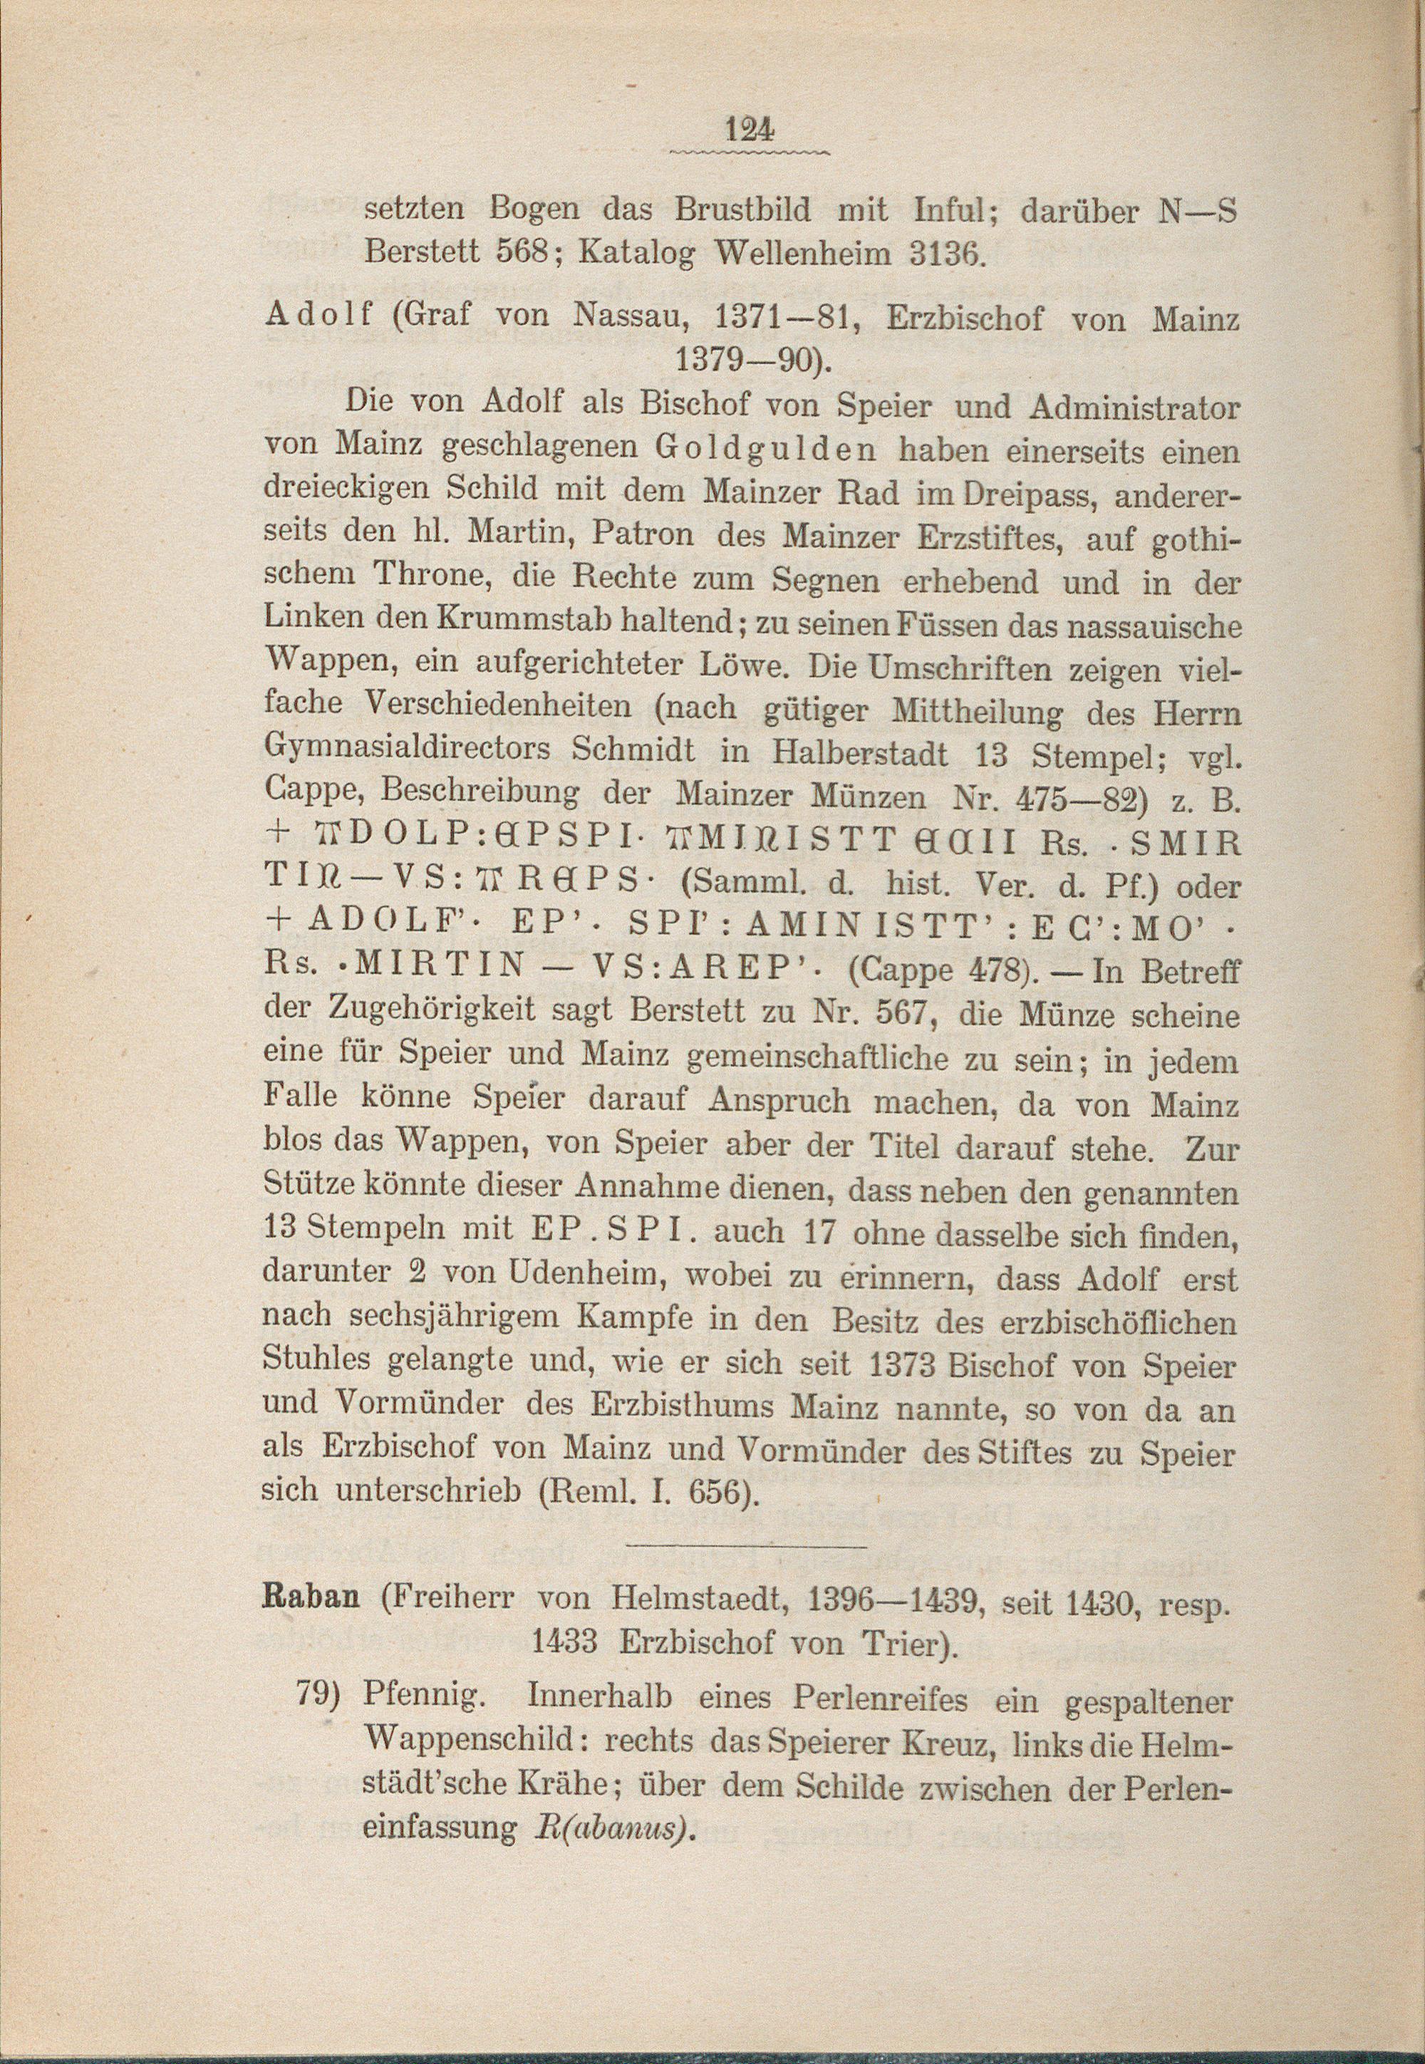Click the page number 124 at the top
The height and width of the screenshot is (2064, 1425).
pyautogui.click(x=748, y=130)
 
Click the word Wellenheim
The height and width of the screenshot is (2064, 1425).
pyautogui.click(x=800, y=254)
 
